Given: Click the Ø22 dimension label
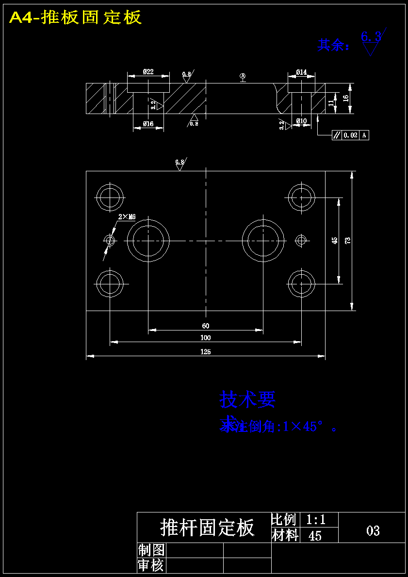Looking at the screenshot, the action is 148,72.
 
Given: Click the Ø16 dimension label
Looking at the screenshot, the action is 148,124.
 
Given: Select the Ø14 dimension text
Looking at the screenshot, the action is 301,72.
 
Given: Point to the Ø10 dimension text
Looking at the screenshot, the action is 301,121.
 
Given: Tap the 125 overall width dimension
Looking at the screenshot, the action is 205,352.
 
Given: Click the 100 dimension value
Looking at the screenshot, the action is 205,337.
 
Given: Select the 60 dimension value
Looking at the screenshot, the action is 205,326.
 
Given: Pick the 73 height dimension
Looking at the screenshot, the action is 347,240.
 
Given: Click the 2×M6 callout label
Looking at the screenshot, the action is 127,217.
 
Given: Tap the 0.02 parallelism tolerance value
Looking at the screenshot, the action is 350,135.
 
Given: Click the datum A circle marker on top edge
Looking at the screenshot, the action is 243,76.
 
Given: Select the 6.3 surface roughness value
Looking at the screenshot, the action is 371,36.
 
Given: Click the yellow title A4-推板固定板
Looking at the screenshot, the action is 76,17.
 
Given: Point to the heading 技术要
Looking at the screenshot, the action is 247,399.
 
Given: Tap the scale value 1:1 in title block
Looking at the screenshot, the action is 316,520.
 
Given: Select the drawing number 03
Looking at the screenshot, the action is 373,530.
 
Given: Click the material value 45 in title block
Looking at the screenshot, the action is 315,536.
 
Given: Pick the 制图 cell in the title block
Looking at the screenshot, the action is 151,550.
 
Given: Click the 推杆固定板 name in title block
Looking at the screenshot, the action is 207,528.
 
